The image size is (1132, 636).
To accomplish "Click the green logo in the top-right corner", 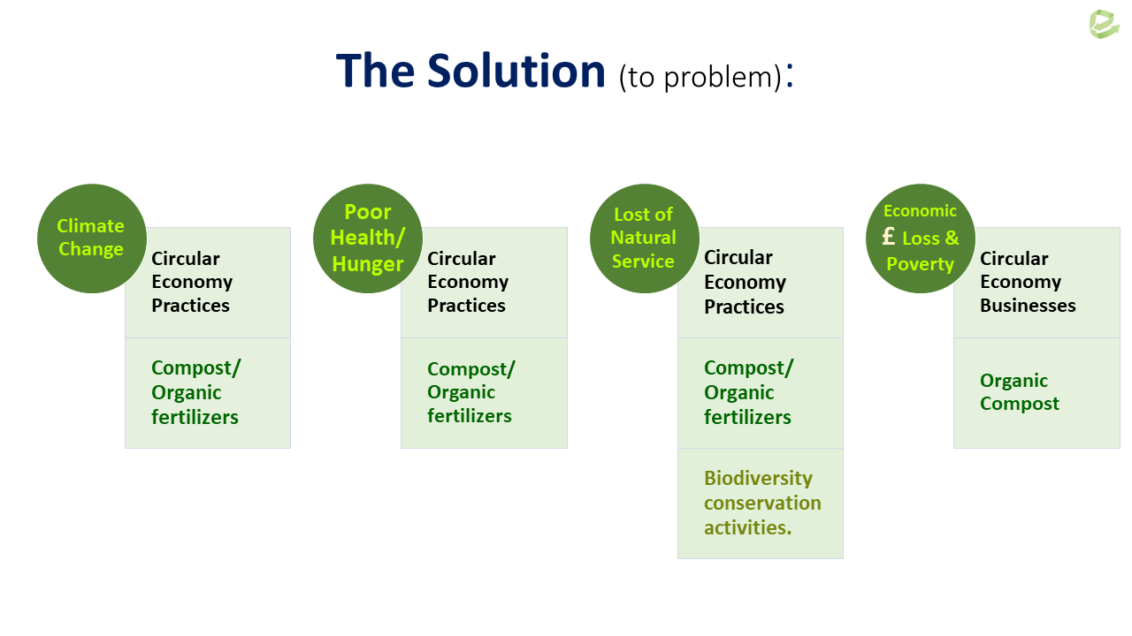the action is [x=1104, y=23].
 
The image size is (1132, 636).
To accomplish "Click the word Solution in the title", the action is [x=516, y=71].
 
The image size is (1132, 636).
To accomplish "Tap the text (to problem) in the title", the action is [x=700, y=77].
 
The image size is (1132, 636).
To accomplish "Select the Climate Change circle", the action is [x=92, y=238].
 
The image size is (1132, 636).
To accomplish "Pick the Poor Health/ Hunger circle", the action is [x=368, y=238].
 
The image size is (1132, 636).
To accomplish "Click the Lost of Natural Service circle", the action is [x=645, y=238].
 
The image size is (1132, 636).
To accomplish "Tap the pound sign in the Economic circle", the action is [x=889, y=236].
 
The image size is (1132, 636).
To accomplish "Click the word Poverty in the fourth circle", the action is [x=920, y=263].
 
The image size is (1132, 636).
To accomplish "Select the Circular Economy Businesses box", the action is [x=1036, y=283].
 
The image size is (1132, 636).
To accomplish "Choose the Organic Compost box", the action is [x=1036, y=393].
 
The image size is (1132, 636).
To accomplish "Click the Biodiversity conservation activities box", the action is [x=760, y=503].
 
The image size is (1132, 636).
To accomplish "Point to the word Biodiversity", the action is [x=758, y=478].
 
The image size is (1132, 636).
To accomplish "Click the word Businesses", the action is [x=1028, y=306].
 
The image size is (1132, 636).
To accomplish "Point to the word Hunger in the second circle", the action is [x=367, y=264].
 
